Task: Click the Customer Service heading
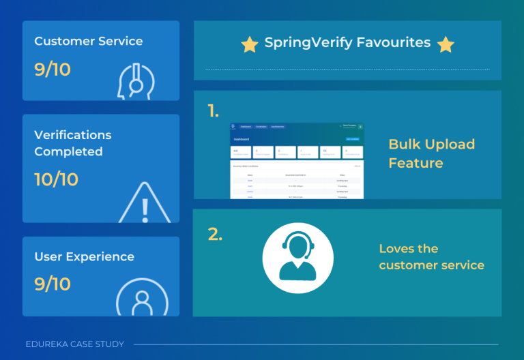[x=89, y=41]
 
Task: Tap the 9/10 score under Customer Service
[x=53, y=69]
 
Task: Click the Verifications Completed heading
[x=73, y=143]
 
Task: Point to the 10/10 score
[x=56, y=179]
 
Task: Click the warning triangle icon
[x=145, y=202]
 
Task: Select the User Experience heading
[x=84, y=257]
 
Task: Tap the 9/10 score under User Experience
[x=53, y=284]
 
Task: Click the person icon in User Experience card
[x=142, y=297]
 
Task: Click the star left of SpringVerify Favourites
[x=250, y=44]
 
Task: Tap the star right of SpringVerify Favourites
[x=446, y=44]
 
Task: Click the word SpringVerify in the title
[x=307, y=43]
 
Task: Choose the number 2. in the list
[x=215, y=234]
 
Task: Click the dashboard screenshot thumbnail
[x=297, y=161]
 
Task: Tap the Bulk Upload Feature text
[x=431, y=153]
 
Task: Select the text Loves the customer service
[x=431, y=257]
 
